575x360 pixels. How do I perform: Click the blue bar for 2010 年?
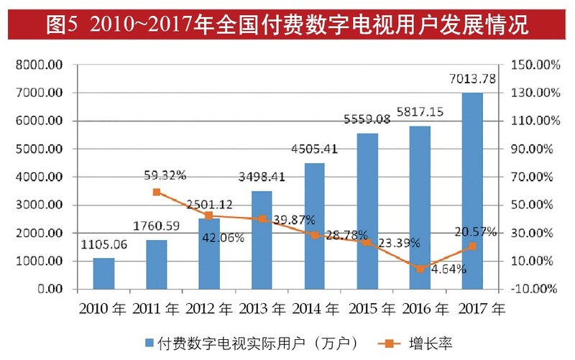pos(103,273)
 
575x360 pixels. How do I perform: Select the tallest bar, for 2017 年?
pos(471,190)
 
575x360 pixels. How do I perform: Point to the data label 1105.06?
pos(103,244)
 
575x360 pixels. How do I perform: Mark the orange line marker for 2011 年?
pos(157,192)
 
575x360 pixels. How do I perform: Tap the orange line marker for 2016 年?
pos(419,269)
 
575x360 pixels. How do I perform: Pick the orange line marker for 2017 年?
pos(471,246)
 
